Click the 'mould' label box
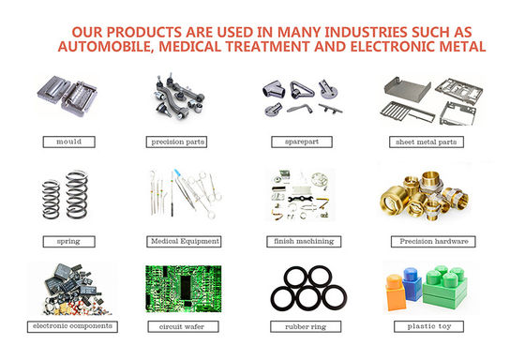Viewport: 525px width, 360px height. click(x=69, y=142)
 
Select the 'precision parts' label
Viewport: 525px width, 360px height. click(x=176, y=142)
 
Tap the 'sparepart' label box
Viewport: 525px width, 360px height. click(x=302, y=142)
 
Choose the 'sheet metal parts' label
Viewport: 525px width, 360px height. click(x=427, y=142)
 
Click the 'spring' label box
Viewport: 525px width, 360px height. click(x=69, y=242)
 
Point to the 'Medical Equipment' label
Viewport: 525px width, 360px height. click(x=184, y=242)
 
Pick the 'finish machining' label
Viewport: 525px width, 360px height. click(x=304, y=242)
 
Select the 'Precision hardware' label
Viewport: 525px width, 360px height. click(x=433, y=242)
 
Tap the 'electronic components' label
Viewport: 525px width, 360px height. click(x=72, y=326)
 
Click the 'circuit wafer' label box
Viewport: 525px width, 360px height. click(x=183, y=326)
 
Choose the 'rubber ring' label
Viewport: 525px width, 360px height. click(x=306, y=326)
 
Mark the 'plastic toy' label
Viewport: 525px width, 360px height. click(x=429, y=326)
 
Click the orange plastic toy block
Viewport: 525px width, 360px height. click(x=396, y=292)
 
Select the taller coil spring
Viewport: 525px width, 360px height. click(x=77, y=194)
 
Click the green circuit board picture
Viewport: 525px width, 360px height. click(x=184, y=289)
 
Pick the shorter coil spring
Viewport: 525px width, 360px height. click(x=51, y=200)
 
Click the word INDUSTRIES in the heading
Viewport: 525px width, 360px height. click(x=366, y=32)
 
